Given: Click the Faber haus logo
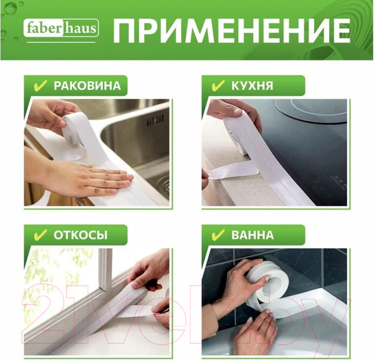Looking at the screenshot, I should pos(61,29).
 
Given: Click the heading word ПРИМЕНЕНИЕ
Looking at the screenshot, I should pos(231,30).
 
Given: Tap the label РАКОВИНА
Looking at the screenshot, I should pos(87,85).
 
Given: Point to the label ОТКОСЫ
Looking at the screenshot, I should pos(80,235).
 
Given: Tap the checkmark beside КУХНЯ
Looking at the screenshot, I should pos(218,85).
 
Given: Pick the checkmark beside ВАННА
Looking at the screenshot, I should pos(218,235).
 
